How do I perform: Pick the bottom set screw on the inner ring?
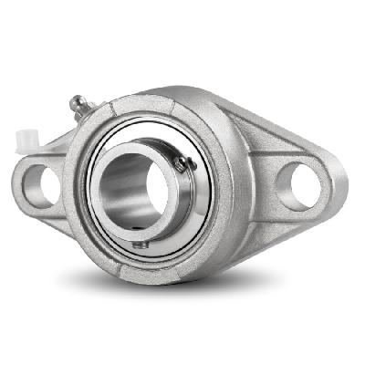139,244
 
